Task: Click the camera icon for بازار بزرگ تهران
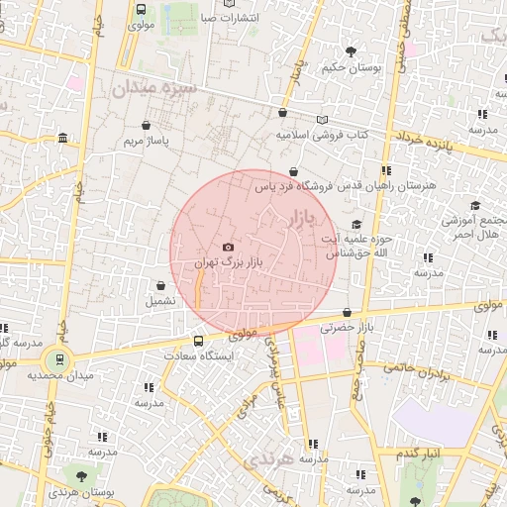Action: point(229,247)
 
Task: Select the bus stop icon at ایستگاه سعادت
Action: point(199,342)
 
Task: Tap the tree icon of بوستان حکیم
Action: point(350,51)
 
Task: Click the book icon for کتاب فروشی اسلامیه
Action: point(321,120)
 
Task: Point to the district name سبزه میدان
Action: point(155,88)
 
